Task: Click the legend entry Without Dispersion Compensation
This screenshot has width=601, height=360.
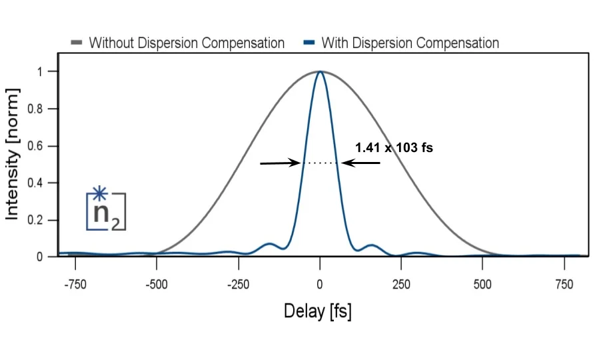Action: [187, 43]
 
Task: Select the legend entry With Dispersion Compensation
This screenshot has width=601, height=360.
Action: [410, 43]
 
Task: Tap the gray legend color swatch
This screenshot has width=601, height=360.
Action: [77, 44]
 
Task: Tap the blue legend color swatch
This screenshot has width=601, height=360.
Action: [309, 44]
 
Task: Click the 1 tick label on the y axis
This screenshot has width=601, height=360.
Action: [45, 71]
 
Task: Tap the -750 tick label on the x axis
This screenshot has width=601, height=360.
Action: [75, 284]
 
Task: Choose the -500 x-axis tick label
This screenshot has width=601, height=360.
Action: [157, 284]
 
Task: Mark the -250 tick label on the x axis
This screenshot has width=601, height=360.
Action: [238, 284]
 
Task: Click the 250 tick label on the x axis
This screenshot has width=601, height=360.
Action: [401, 284]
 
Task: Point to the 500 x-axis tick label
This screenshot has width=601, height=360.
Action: [482, 284]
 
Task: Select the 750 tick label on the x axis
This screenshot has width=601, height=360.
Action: [564, 284]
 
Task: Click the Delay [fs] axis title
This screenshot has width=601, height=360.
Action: [318, 311]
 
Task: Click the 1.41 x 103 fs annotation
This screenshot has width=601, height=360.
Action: [394, 147]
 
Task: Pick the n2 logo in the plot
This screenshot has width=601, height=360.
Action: [105, 210]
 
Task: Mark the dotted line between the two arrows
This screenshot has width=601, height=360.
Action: [320, 163]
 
